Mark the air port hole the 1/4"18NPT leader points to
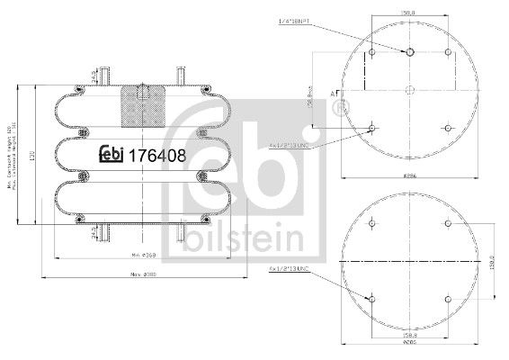coord(408,52)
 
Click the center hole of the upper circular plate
coord(408,89)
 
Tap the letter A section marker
coord(334,94)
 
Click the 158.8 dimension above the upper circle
coord(409,13)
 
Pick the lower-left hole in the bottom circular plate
coord(371,297)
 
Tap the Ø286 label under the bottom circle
coord(409,344)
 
